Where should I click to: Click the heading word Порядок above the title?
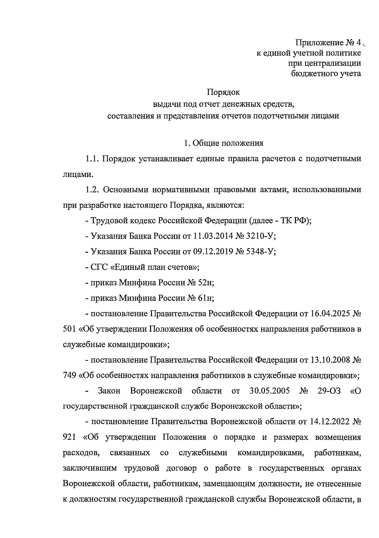(223, 92)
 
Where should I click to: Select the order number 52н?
(206, 283)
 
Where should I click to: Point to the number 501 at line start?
(69, 329)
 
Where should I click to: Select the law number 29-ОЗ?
(329, 391)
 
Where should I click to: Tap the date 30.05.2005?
(269, 391)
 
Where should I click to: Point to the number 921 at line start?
(69, 437)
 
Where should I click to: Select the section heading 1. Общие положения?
(223, 143)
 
